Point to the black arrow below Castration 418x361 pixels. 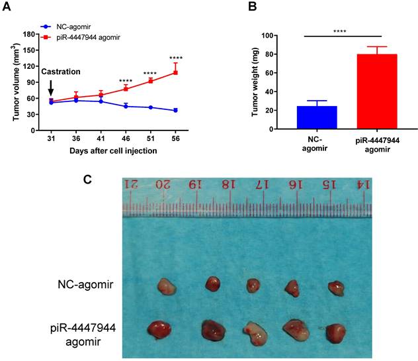tap(51, 87)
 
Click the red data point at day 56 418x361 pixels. tap(175, 72)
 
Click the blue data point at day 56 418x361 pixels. tap(175, 110)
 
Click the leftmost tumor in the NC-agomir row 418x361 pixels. tap(166, 286)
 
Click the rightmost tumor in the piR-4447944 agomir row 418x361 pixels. tap(337, 332)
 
